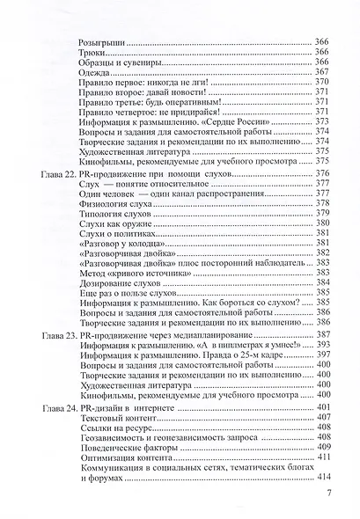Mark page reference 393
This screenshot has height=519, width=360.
pos(321,347)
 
